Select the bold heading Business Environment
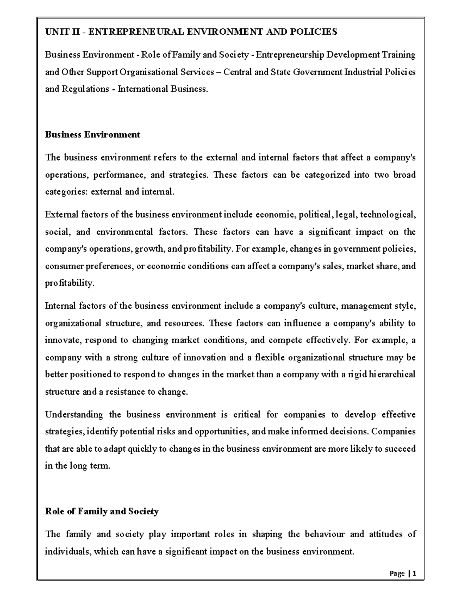point(92,134)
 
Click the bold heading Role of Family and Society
point(102,511)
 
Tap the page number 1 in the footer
point(414,573)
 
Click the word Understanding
point(74,415)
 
